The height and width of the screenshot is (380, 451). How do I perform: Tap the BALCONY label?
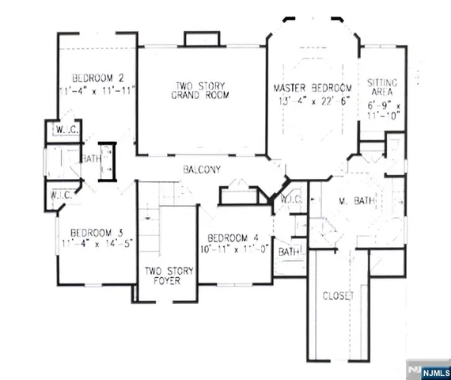pyautogui.click(x=201, y=169)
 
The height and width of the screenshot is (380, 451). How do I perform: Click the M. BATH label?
pyautogui.click(x=351, y=201)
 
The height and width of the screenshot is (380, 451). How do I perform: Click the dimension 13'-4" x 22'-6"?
pyautogui.click(x=313, y=100)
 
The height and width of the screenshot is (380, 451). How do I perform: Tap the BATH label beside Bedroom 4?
pyautogui.click(x=288, y=252)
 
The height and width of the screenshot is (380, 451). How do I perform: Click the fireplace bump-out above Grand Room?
pyautogui.click(x=195, y=40)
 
